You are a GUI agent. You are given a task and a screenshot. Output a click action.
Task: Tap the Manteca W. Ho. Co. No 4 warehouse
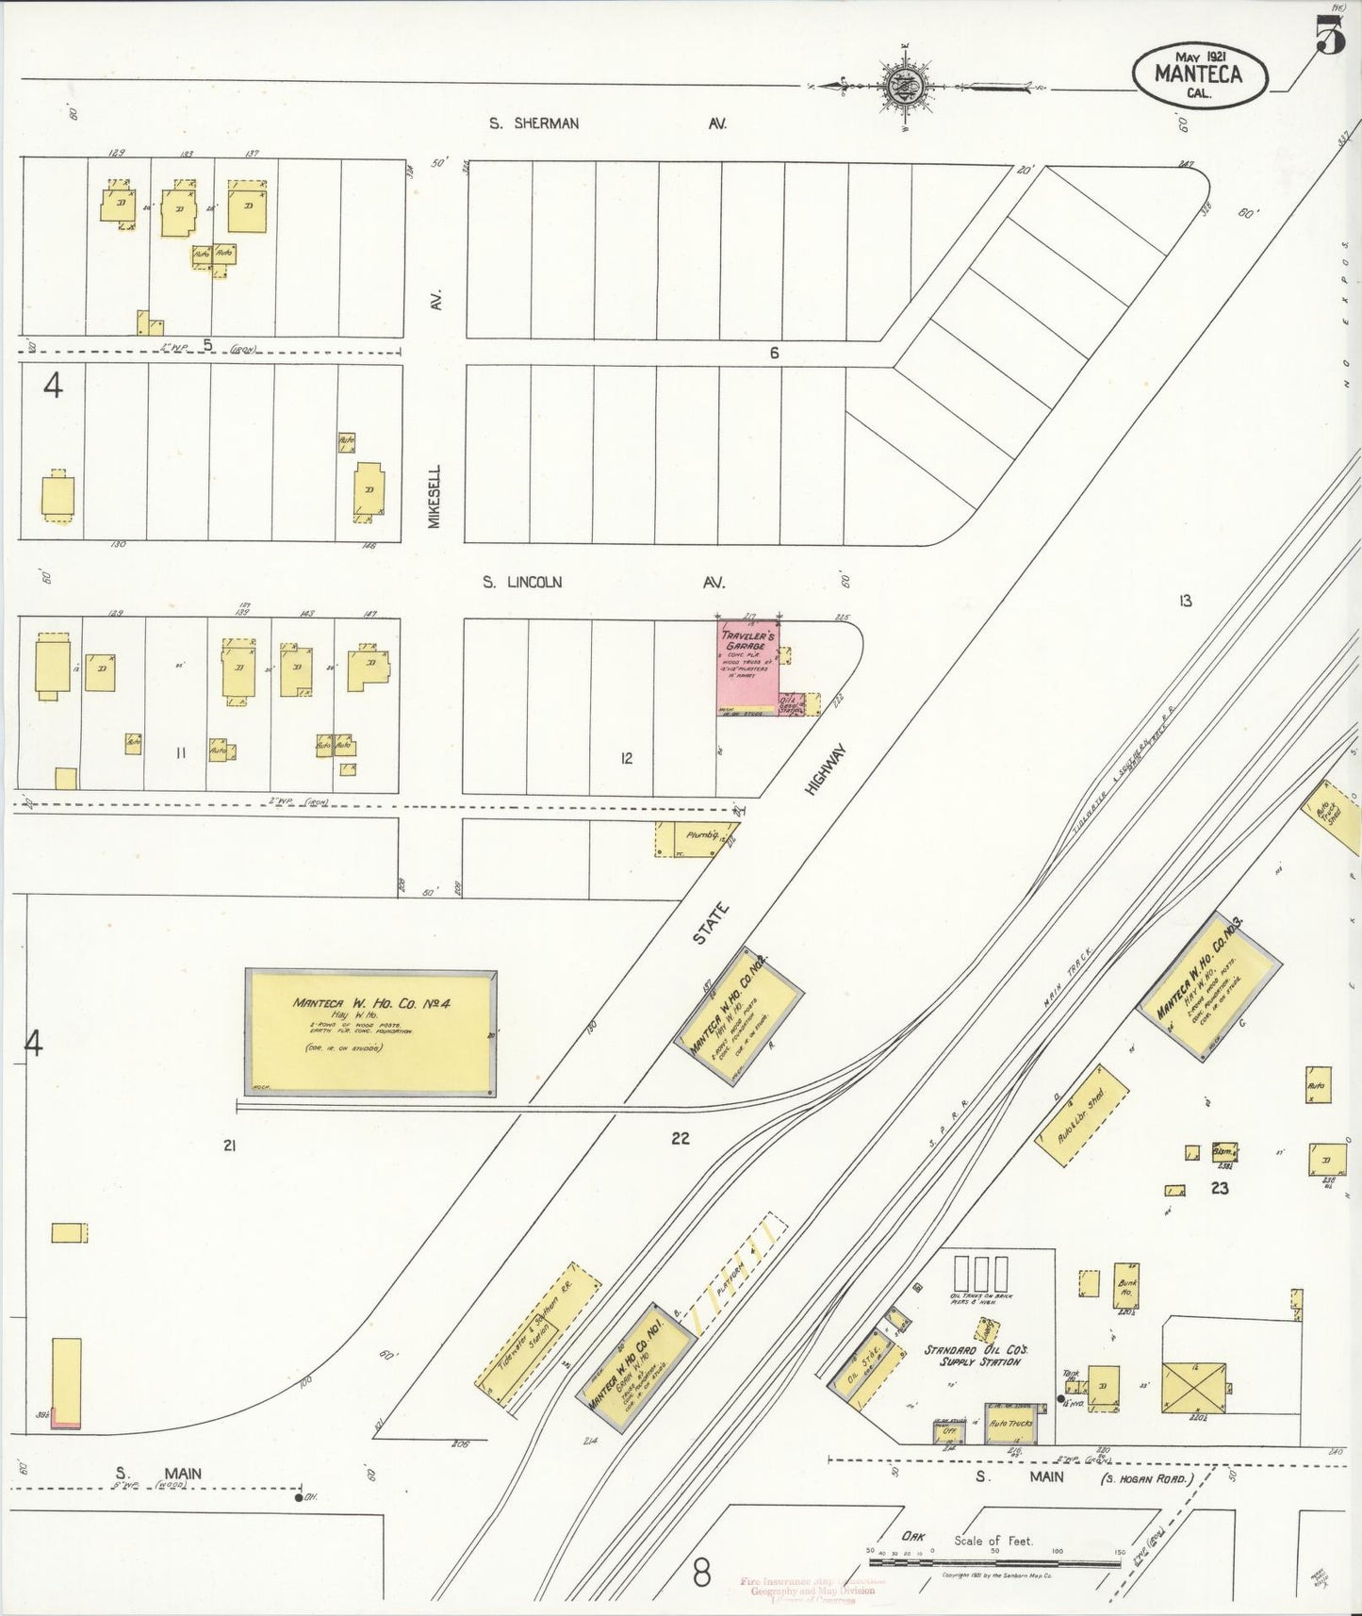tap(370, 1032)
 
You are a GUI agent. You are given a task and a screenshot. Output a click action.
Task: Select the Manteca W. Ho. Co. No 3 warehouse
tap(1211, 986)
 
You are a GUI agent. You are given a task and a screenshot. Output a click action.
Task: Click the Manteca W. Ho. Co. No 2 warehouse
tap(739, 1015)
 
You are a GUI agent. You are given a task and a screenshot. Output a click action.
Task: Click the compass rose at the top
tap(906, 86)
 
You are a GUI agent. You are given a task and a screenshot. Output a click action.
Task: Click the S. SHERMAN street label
tap(533, 124)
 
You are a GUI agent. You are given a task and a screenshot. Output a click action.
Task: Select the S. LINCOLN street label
tap(521, 583)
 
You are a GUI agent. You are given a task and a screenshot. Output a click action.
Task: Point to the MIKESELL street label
tap(435, 496)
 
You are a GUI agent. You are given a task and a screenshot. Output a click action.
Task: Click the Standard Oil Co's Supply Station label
tap(973, 1356)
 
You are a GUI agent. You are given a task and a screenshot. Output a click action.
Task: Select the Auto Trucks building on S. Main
tap(1009, 1423)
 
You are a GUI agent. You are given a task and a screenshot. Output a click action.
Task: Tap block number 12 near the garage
tap(626, 758)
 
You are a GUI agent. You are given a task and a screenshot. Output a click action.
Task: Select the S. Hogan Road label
tap(1146, 1478)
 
